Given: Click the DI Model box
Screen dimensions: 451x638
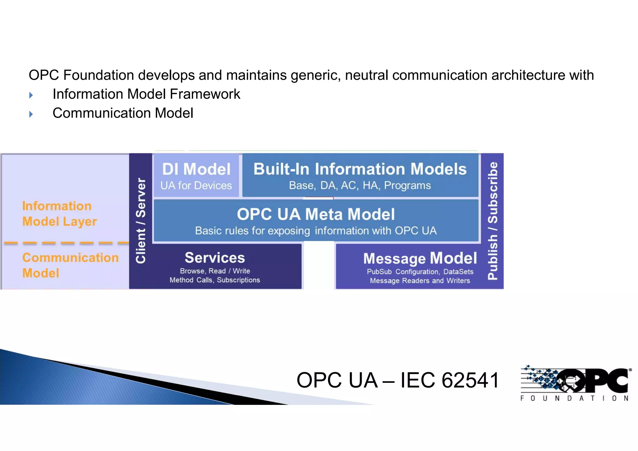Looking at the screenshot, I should [x=196, y=175].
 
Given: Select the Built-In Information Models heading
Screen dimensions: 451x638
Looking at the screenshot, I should [x=360, y=169].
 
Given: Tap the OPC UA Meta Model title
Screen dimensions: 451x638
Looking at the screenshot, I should [x=316, y=214].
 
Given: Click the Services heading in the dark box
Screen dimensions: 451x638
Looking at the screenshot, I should [x=215, y=258].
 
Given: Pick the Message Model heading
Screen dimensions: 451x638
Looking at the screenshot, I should [x=420, y=259].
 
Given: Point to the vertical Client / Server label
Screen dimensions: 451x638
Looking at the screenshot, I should [x=141, y=221].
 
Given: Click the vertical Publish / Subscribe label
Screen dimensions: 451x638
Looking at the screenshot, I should [x=493, y=221].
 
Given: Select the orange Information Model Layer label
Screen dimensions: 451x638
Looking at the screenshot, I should [x=59, y=214].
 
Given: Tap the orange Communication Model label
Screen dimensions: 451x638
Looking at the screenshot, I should [x=70, y=265].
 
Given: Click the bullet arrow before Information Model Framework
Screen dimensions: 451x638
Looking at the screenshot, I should [x=31, y=95].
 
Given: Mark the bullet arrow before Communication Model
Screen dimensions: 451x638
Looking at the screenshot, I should [x=31, y=114].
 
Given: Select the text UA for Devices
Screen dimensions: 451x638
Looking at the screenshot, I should [x=196, y=186].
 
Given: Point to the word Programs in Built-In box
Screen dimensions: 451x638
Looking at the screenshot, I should [x=407, y=186].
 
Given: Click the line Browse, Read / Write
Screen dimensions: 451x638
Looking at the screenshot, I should [x=215, y=271].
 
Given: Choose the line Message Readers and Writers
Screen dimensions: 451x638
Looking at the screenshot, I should [x=420, y=281].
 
